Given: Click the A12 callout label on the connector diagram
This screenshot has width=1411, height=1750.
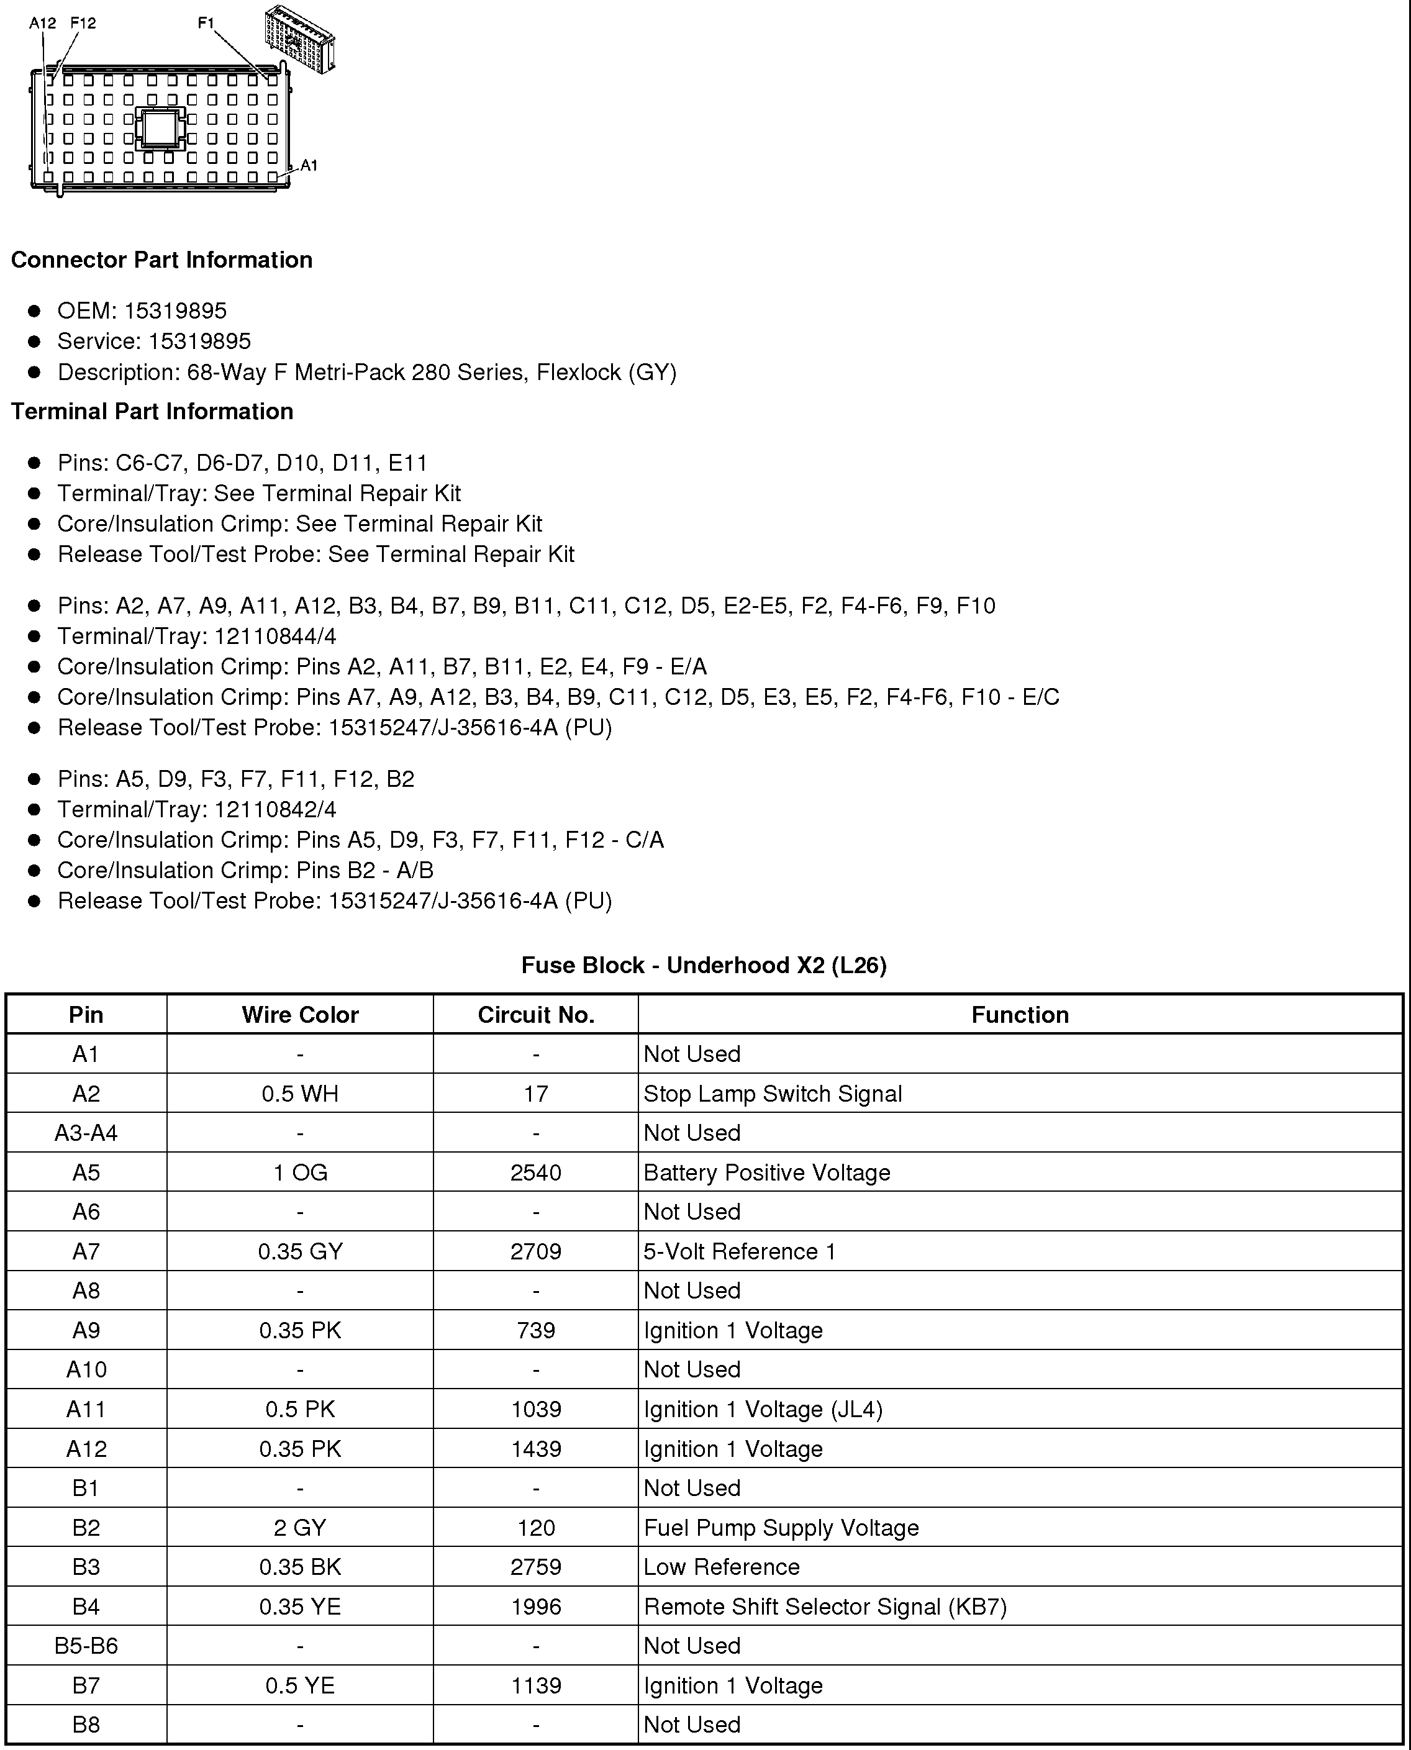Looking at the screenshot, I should click(x=42, y=24).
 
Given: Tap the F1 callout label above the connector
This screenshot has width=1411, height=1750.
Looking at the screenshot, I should click(x=206, y=24).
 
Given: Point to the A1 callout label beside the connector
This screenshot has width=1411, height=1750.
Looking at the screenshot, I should click(x=309, y=165).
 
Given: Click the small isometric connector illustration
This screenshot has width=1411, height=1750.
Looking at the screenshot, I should click(x=299, y=39).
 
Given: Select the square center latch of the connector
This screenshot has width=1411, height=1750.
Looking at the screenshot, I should click(x=160, y=127).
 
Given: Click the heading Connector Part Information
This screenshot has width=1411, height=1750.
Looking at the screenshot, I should click(x=161, y=260).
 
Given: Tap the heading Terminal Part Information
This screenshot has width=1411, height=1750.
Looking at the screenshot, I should click(x=152, y=411).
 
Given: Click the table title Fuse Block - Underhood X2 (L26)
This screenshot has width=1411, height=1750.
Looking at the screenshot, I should click(x=704, y=965).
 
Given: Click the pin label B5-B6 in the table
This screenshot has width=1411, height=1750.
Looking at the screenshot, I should click(x=86, y=1646).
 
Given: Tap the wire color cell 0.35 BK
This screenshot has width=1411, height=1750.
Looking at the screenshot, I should click(x=300, y=1567).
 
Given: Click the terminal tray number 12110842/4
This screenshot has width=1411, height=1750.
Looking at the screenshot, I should click(x=276, y=810).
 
